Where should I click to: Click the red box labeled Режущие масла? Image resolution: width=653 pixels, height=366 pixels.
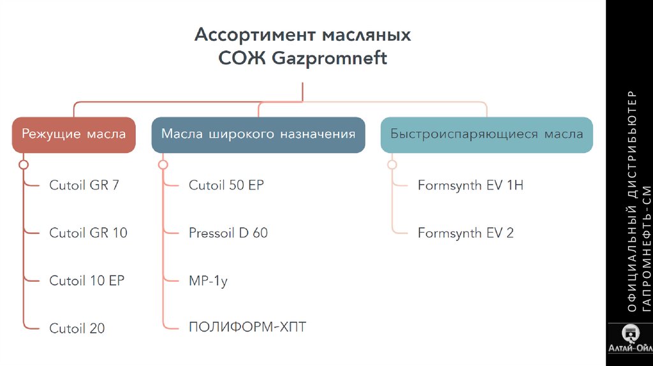tap(73, 135)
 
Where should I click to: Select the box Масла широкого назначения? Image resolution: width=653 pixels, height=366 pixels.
tap(258, 135)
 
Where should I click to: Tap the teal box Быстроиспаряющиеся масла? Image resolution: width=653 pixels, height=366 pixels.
tap(487, 135)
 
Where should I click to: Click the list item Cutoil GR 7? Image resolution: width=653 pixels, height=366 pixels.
tap(84, 186)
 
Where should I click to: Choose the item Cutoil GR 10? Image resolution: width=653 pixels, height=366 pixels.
tap(88, 233)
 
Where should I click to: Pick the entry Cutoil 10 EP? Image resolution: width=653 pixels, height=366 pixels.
tap(87, 281)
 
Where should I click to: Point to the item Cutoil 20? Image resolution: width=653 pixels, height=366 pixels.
tap(77, 328)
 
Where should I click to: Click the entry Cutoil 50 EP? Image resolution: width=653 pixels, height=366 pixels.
tap(226, 186)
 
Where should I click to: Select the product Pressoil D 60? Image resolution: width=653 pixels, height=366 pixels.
tap(228, 233)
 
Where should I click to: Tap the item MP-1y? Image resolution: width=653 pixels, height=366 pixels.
tap(208, 281)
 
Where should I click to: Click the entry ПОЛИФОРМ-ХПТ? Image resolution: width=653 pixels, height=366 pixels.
tap(247, 328)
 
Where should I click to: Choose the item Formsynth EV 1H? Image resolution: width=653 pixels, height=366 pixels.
tap(471, 186)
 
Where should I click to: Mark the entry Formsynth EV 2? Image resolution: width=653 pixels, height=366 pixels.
tap(466, 233)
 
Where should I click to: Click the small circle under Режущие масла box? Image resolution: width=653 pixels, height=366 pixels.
tap(24, 165)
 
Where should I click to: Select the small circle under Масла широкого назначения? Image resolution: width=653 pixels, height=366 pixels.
tap(163, 165)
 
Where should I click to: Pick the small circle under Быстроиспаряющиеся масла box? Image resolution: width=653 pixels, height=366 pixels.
tap(392, 165)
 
